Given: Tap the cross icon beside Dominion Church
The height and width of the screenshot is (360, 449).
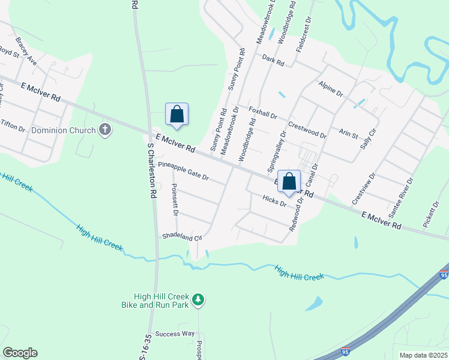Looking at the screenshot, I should tap(105, 130).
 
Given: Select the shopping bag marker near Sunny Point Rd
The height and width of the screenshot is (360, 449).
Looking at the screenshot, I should tap(176, 114).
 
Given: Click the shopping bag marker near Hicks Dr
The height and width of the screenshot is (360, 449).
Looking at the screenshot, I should tap(289, 181).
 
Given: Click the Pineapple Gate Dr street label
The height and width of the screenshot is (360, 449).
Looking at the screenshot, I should tap(183, 173).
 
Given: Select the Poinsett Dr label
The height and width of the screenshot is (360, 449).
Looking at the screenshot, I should tap(175, 200).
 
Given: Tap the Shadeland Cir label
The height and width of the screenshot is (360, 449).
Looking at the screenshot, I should tap(181, 236).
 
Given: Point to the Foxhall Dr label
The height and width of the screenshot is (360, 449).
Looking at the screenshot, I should tap(262, 112).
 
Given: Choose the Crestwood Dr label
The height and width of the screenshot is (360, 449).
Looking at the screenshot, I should tap(307, 130).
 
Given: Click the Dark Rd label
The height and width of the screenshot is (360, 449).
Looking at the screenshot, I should tap(273, 59).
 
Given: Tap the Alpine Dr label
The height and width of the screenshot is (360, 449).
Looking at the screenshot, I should tap(330, 89).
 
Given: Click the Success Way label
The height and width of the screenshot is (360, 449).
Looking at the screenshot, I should tap(175, 334).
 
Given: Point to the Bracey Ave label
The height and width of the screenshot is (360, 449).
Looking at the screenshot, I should tap(26, 52).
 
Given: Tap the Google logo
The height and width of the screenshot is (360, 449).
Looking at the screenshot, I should tap(20, 353).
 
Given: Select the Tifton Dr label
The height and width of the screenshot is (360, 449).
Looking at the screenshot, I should tap(13, 124).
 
